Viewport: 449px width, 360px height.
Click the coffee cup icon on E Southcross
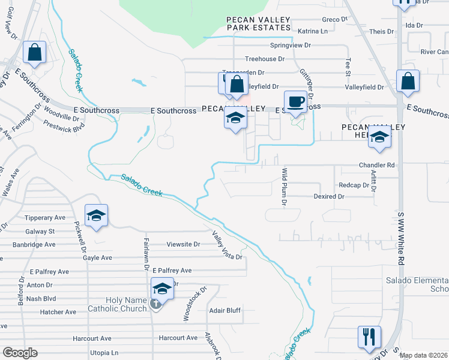[x=295, y=101]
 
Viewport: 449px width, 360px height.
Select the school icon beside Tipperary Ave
[x=96, y=216]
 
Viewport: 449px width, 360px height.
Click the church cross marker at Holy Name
[x=155, y=304]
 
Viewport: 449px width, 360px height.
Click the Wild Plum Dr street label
[x=285, y=186]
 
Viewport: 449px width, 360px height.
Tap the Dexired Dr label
[x=329, y=196]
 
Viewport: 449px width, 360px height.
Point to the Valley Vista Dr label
[x=227, y=246]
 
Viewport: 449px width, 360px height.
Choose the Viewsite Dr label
[x=183, y=244]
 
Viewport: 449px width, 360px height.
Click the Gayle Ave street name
[x=98, y=257]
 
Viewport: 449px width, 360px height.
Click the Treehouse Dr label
[x=264, y=59]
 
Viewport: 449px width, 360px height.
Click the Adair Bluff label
[x=225, y=310]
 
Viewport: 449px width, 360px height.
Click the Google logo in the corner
[x=19, y=353]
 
